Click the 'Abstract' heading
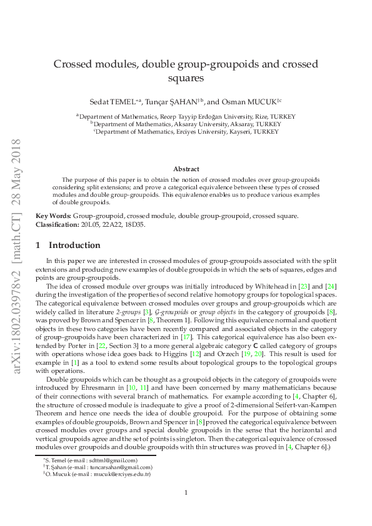tap(186, 169)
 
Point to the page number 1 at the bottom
tap(186, 493)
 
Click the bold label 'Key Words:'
tap(53, 216)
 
